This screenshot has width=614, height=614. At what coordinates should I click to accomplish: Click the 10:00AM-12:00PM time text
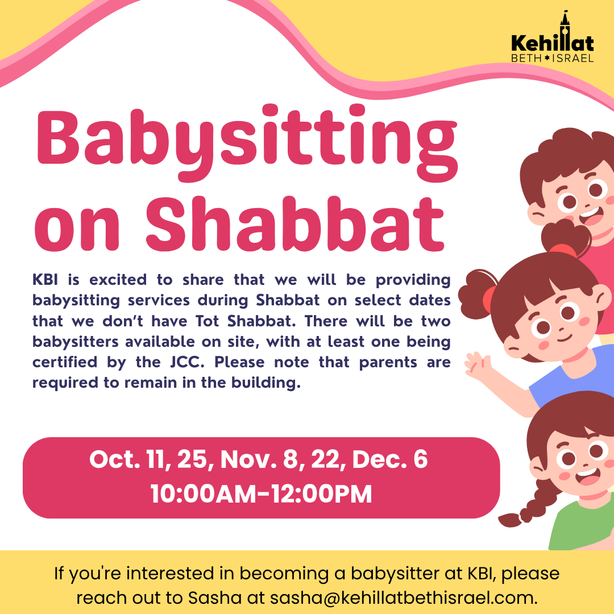(261, 494)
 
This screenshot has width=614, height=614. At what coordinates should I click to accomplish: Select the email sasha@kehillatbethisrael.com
(404, 598)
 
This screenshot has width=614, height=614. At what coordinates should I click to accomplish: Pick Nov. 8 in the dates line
(253, 460)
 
